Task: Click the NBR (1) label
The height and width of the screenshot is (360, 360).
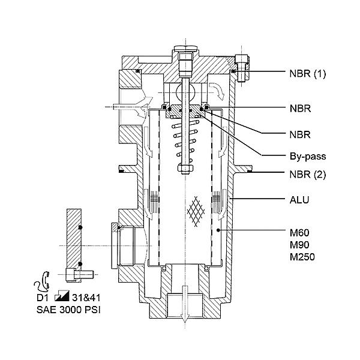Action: pos(307,74)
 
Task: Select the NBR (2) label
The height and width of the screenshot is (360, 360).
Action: pos(308,175)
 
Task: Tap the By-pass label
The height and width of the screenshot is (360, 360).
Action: pos(308,157)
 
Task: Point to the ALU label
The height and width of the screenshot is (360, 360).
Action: pos(299,200)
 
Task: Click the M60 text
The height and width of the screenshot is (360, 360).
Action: pos(299,233)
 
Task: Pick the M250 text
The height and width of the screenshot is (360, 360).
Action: pos(302,257)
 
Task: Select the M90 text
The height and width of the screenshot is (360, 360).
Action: pos(299,245)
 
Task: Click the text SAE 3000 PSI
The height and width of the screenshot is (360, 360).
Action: pos(68,310)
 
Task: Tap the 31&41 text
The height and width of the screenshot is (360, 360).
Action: pos(86,298)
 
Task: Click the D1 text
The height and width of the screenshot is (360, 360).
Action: pos(43,298)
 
